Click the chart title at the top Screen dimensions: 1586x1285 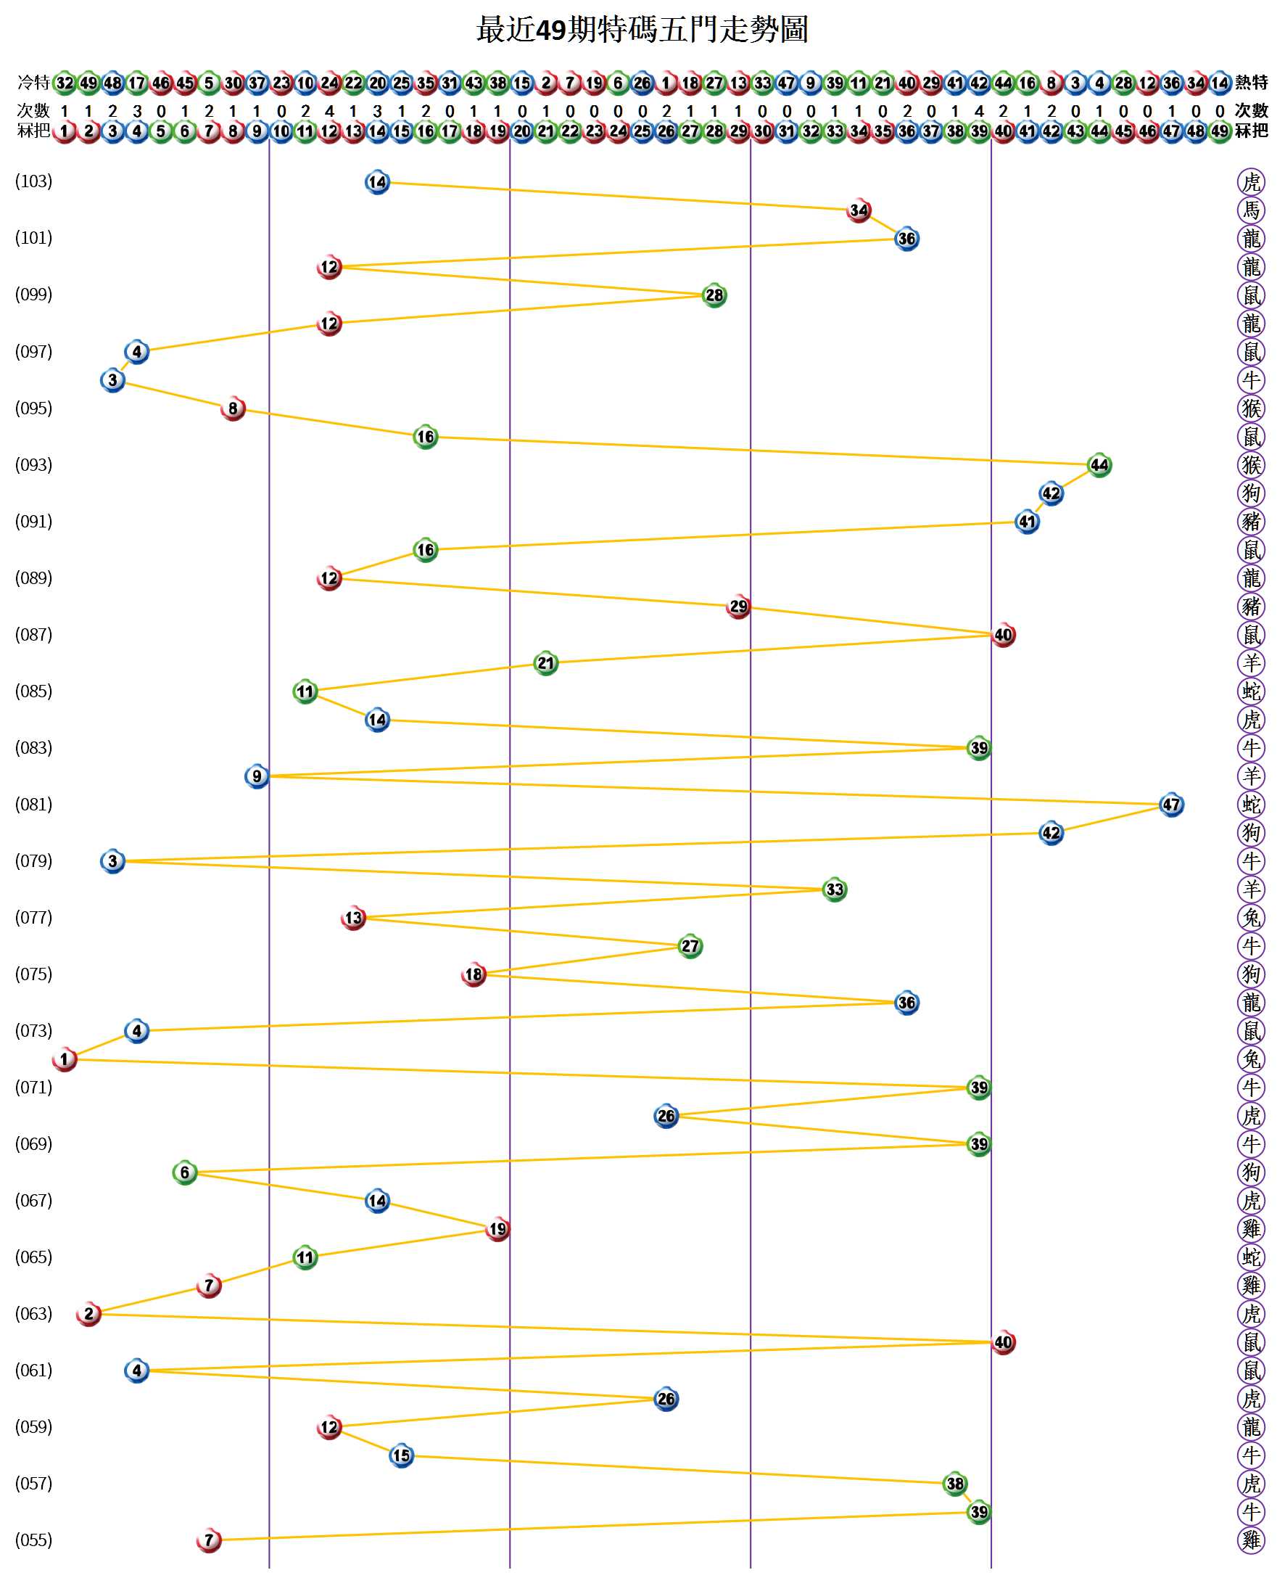642,30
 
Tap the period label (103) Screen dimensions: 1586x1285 34,181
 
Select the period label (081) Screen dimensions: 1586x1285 34,805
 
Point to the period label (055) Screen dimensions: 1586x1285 34,1541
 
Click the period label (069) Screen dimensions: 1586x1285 34,1144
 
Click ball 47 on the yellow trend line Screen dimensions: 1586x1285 1171,805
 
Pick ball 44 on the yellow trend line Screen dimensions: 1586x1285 1099,465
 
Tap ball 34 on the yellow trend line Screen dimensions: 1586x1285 859,210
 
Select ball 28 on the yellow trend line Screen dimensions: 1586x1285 714,295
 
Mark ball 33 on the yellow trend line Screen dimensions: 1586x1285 834,889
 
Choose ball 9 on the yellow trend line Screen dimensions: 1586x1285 257,777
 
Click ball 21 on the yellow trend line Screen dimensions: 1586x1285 545,663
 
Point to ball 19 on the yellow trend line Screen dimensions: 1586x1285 497,1229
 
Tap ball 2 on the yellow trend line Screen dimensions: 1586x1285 88,1314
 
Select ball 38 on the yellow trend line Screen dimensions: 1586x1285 955,1484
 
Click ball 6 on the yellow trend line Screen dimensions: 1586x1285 185,1173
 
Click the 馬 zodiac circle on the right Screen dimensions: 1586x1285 1251,210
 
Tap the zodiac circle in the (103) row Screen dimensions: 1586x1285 1251,181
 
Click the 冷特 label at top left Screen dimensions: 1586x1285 34,82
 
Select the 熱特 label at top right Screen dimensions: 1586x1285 1252,82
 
